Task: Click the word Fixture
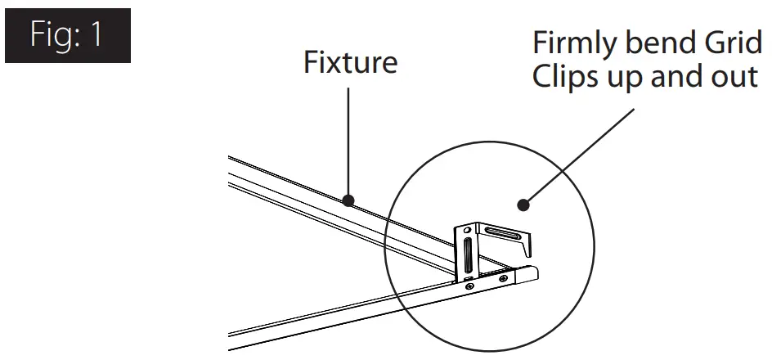[350, 62]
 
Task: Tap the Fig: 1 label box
[68, 36]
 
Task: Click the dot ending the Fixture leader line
[349, 200]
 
